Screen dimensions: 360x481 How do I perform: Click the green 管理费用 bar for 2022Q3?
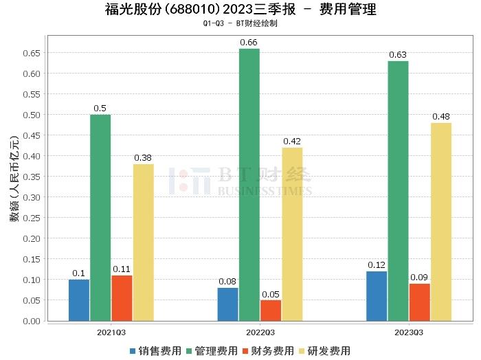pos(249,184)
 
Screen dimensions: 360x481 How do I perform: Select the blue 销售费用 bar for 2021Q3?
pos(79,300)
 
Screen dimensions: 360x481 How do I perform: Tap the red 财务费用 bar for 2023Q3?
pos(419,302)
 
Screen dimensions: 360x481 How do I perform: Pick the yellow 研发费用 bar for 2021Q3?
pos(143,242)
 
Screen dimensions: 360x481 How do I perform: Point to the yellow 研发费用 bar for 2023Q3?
pos(441,221)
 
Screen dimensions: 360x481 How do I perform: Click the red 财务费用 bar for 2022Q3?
pos(271,310)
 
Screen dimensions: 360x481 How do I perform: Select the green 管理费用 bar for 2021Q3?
pos(100,217)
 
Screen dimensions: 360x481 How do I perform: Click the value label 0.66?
pos(249,43)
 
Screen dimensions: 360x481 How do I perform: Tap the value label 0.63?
pos(398,55)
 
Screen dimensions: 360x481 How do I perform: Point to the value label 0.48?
pos(441,117)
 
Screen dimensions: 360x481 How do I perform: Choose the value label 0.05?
pos(271,294)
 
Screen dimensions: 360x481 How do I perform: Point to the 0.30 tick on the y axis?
pos(32,197)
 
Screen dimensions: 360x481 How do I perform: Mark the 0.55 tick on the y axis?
pos(32,94)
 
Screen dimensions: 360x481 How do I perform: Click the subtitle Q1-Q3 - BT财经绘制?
pos(240,23)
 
